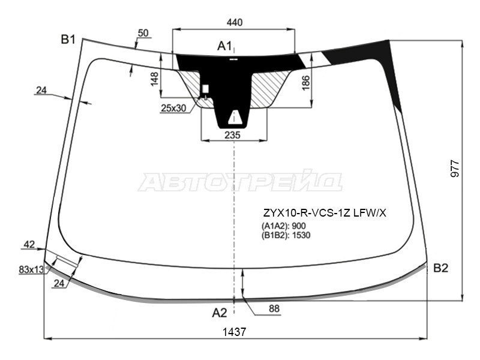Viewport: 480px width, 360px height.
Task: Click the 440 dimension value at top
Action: [235, 22]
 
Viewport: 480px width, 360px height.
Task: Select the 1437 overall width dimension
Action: [234, 332]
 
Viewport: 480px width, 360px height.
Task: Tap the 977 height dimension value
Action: [455, 169]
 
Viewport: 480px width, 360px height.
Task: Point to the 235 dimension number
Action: [232, 135]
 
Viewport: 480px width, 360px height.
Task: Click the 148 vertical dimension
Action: [155, 79]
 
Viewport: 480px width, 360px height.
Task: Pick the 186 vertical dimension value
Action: [306, 83]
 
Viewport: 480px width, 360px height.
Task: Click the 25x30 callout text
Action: [173, 108]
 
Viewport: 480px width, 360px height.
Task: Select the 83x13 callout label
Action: [31, 269]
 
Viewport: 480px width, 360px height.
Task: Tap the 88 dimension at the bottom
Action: [274, 308]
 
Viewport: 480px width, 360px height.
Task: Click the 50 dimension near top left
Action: [143, 33]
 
